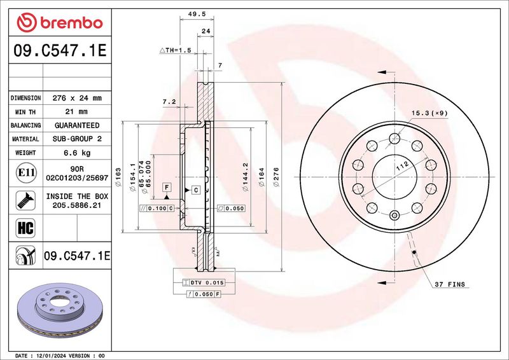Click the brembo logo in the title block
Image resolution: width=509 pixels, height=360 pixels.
tap(60, 23)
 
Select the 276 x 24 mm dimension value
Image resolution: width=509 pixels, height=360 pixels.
tap(77, 98)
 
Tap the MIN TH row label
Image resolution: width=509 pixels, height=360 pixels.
tap(25, 112)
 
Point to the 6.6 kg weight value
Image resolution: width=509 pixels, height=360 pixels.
tap(77, 153)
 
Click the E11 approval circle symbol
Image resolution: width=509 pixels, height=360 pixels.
tap(26, 172)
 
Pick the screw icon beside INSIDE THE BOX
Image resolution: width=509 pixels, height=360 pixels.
tap(25, 200)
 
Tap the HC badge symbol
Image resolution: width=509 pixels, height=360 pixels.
tap(25, 228)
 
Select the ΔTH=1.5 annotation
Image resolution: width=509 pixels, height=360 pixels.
tap(176, 50)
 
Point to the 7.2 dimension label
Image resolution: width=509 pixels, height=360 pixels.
tap(169, 102)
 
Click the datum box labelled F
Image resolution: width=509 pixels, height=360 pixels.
tap(167, 187)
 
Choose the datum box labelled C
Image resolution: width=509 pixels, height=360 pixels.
tap(196, 190)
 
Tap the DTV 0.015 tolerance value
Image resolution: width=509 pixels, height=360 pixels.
tap(207, 283)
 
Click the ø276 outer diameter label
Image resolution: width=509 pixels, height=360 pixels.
tap(276, 177)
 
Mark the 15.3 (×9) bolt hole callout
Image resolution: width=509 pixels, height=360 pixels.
tap(429, 113)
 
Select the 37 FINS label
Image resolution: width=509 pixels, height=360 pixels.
tap(450, 285)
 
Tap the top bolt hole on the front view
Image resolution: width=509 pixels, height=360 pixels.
tap(394, 138)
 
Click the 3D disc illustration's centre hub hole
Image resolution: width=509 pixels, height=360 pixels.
tap(60, 302)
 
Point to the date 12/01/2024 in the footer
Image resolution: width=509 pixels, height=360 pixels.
tap(50, 356)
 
